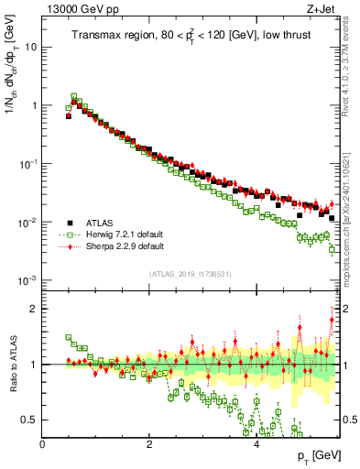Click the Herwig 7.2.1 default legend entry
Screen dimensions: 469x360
125,234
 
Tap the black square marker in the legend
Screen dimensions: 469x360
70,222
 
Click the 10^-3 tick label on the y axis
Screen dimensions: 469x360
28,280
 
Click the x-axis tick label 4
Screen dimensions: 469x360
256,442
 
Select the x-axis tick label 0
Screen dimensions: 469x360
43,442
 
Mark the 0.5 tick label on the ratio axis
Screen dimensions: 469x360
28,420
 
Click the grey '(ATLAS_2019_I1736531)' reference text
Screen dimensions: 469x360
191,274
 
